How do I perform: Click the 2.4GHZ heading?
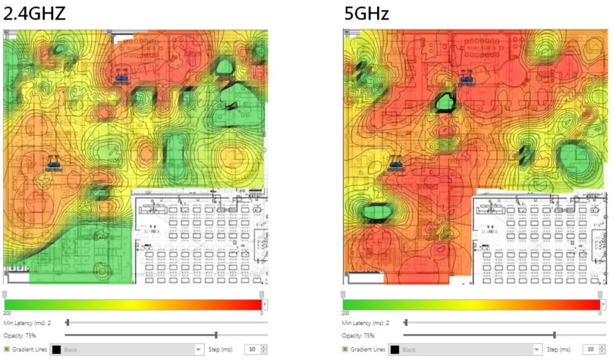[x=34, y=13]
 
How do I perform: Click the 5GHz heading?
[x=366, y=13]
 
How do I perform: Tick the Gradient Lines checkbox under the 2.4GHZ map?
[x=7, y=349]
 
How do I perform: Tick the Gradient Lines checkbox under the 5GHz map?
[x=345, y=349]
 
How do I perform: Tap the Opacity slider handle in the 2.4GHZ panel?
[x=216, y=335]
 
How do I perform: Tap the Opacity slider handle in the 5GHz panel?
[x=554, y=335]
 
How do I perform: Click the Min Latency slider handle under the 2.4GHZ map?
[x=67, y=323]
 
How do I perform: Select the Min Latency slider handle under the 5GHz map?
[x=405, y=323]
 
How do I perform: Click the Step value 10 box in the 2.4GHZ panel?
[x=252, y=349]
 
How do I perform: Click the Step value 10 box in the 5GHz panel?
[x=590, y=349]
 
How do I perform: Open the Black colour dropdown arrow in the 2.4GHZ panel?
[x=199, y=349]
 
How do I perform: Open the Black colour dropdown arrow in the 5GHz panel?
[x=537, y=349]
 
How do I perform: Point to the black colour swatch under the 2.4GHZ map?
[x=56, y=349]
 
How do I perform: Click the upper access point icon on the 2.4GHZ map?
[x=122, y=78]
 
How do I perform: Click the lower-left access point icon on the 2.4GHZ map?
[x=54, y=164]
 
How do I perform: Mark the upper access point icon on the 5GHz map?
[x=466, y=78]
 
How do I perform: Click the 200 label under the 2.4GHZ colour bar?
[x=7, y=313]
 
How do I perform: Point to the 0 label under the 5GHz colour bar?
[x=600, y=313]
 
